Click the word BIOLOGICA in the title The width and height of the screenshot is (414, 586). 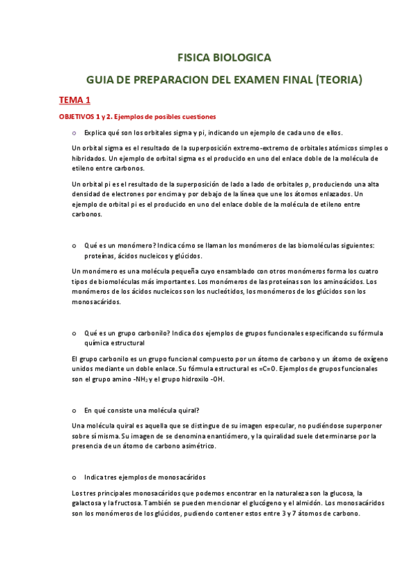(241, 57)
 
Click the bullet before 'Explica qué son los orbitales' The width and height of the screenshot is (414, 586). (74, 132)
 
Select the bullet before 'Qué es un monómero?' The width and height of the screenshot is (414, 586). (74, 245)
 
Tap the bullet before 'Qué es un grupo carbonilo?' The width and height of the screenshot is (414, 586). (74, 332)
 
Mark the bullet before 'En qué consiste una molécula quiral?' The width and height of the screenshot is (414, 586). (74, 410)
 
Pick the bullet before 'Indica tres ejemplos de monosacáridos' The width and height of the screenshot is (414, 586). (74, 478)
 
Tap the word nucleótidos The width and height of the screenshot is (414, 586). (221, 292)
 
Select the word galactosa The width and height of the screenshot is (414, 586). (88, 504)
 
